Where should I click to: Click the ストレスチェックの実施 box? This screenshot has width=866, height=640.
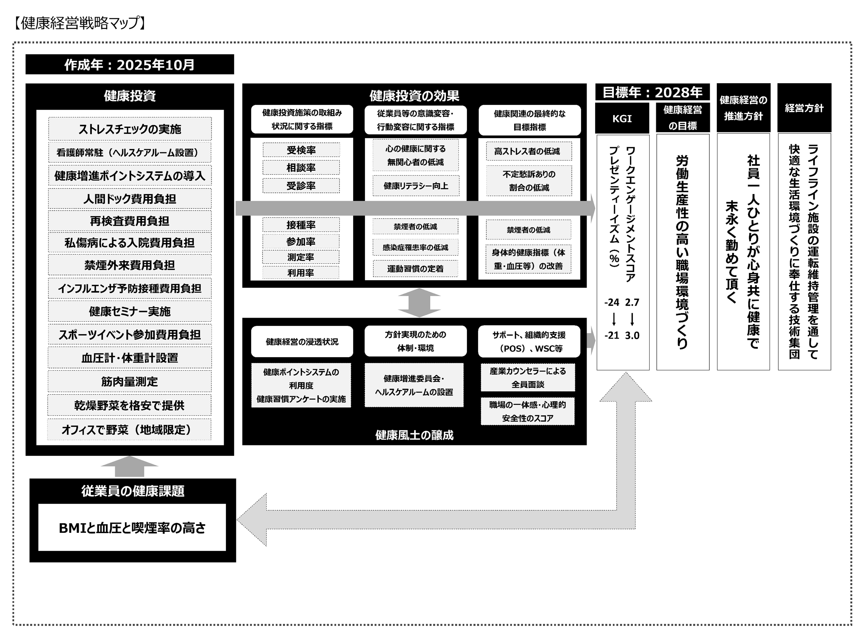tap(130, 129)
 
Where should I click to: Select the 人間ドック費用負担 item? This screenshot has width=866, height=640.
tap(130, 199)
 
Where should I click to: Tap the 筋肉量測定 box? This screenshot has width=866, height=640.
tap(130, 382)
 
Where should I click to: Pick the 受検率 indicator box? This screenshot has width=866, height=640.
tap(301, 150)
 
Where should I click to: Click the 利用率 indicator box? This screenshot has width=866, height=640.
tap(301, 273)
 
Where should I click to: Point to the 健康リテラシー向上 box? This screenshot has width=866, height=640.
tap(416, 186)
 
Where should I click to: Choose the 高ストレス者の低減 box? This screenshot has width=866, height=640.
tap(529, 151)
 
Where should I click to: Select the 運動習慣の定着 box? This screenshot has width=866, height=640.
tap(415, 268)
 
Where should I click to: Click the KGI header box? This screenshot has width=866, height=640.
tap(622, 119)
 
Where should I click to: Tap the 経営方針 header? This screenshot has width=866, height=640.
tap(804, 108)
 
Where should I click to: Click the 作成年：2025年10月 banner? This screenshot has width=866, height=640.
tap(130, 64)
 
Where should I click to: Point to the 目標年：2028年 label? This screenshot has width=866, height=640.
tap(652, 92)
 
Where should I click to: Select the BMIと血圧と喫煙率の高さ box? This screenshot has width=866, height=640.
tap(132, 528)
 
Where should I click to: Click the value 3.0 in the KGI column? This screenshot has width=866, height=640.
tap(632, 335)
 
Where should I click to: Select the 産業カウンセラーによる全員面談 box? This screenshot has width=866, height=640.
tap(527, 378)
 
